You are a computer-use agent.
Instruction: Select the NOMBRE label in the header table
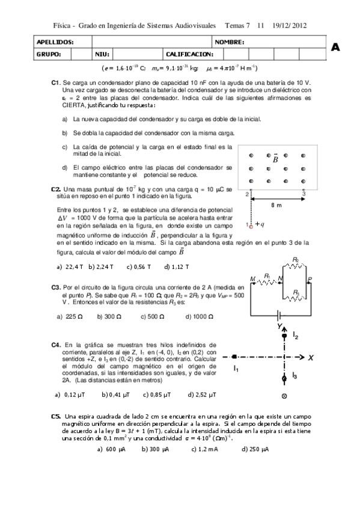pyautogui.click(x=230, y=42)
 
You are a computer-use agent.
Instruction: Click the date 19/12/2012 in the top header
pyautogui.click(x=289, y=25)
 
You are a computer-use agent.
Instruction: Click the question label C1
pyautogui.click(x=55, y=81)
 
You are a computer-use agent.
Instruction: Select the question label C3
pyautogui.click(x=56, y=287)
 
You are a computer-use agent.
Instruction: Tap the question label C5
pyautogui.click(x=56, y=416)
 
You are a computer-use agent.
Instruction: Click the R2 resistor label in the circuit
pyautogui.click(x=295, y=259)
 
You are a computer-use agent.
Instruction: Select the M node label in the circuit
pyautogui.click(x=252, y=278)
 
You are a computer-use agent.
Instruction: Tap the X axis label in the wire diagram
pyautogui.click(x=311, y=357)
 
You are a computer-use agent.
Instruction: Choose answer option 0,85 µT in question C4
pyautogui.click(x=157, y=395)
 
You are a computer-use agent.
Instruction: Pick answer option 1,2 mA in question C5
pyautogui.click(x=204, y=448)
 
